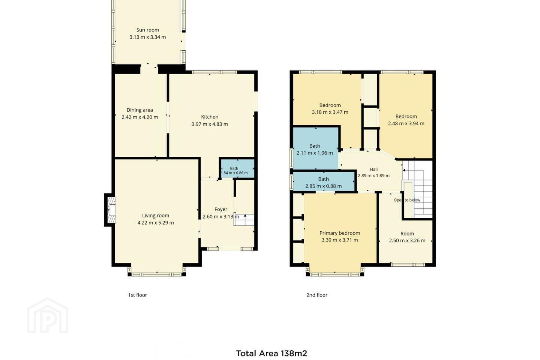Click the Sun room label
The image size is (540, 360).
[147, 30]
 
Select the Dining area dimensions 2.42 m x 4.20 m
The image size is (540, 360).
[140, 117]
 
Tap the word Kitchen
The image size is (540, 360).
[210, 117]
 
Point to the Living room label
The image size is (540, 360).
[156, 216]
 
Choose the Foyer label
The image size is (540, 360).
[221, 209]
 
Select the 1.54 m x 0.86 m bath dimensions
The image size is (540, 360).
[234, 173]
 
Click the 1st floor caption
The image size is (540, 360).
[137, 295]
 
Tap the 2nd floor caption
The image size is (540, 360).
[317, 295]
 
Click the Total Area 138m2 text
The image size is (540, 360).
[271, 353]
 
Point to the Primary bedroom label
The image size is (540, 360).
[340, 233]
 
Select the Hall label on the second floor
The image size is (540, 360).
[373, 169]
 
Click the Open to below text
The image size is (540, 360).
[407, 200]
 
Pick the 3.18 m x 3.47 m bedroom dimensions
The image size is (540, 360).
[330, 112]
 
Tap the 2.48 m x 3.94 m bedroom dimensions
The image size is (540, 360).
[406, 123]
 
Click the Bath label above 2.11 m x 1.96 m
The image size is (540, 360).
[315, 146]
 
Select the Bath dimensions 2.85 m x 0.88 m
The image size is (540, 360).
[324, 186]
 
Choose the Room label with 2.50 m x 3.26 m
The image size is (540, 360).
[407, 233]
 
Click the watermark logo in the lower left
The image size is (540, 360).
[48, 315]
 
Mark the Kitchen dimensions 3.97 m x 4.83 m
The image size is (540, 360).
[210, 124]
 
